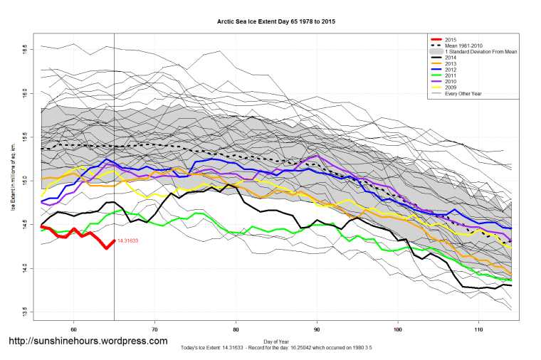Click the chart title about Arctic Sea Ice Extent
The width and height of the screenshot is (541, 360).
(x=276, y=22)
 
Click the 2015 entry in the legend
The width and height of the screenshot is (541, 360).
(x=450, y=38)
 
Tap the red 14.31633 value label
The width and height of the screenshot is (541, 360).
(x=129, y=240)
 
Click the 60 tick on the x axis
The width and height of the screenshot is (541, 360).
(x=74, y=329)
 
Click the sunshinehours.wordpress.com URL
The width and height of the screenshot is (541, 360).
(x=88, y=341)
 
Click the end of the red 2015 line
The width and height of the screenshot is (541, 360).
(x=114, y=240)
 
